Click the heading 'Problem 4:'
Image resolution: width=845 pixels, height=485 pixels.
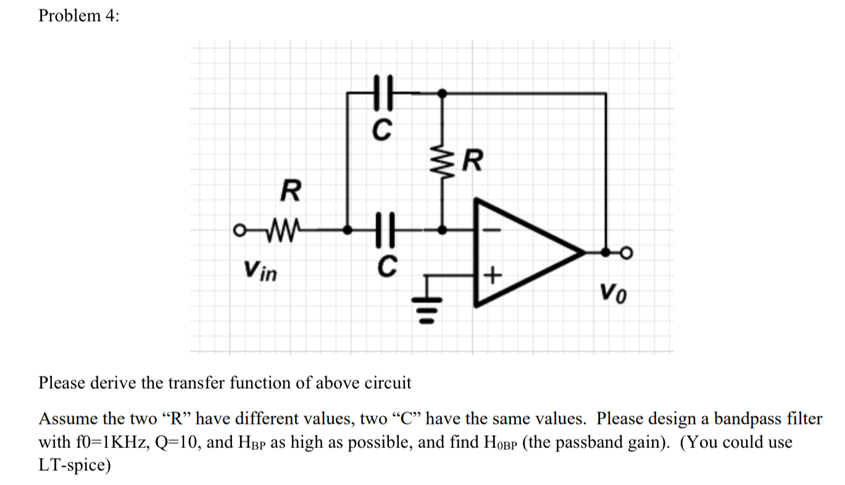[78, 16]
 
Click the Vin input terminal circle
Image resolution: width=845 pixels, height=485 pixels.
[237, 230]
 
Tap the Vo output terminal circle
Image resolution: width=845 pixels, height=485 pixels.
[628, 252]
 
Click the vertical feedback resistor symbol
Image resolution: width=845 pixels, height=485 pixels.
[441, 163]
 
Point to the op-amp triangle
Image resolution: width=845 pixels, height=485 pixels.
[525, 252]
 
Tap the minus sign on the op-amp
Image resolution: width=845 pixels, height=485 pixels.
[492, 230]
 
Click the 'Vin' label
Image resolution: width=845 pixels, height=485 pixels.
[260, 269]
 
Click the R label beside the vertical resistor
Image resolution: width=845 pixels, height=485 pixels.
[472, 163]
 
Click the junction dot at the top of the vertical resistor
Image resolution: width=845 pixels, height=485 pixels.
[441, 93]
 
